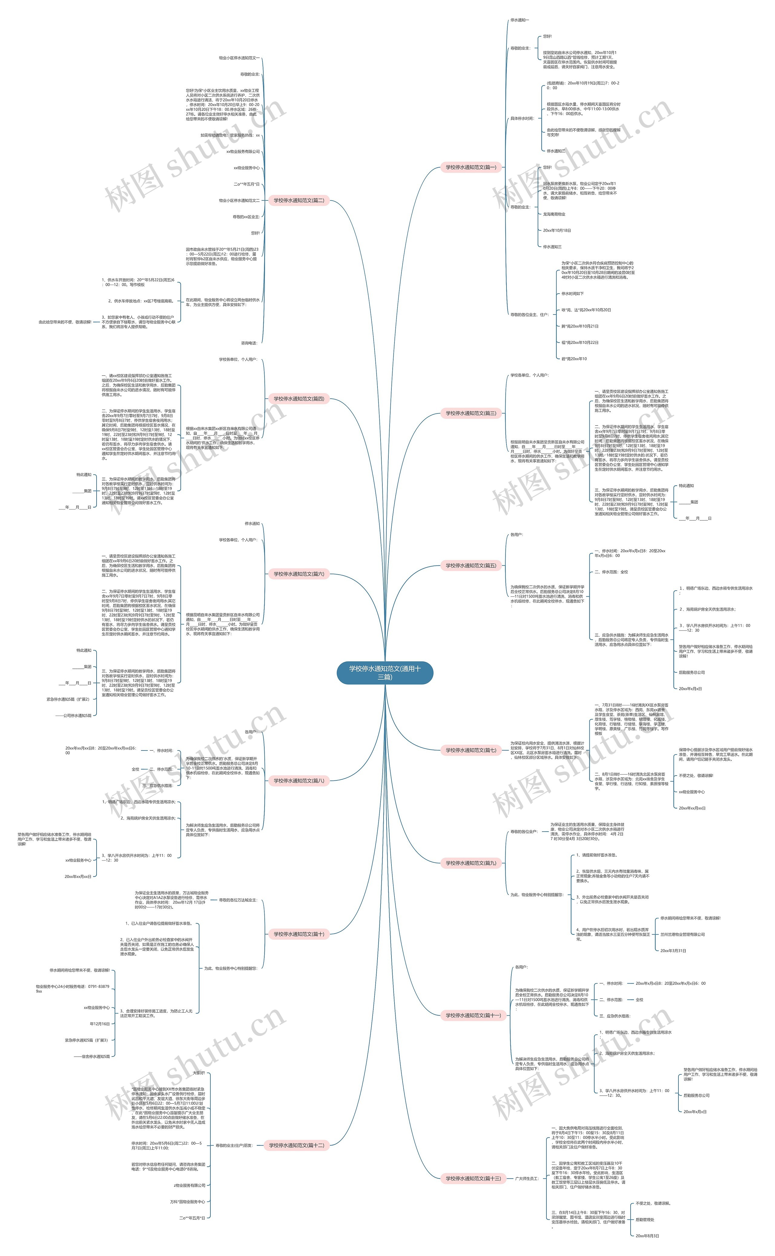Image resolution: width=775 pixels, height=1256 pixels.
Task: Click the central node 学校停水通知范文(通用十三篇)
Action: tap(385, 672)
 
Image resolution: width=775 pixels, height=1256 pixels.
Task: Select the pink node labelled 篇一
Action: tap(470, 167)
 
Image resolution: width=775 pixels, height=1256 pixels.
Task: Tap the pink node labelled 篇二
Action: tap(299, 200)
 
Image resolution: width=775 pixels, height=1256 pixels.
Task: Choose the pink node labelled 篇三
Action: tap(470, 413)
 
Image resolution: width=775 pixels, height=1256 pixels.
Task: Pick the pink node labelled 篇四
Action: tap(299, 399)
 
